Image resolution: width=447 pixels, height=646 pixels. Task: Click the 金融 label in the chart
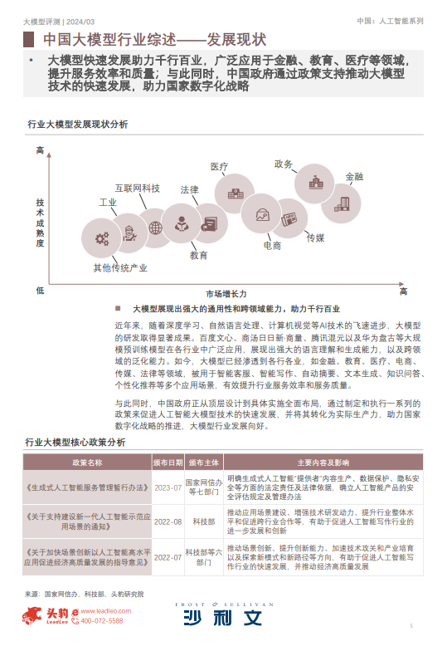click(x=354, y=176)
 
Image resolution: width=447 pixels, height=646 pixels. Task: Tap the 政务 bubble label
click(x=284, y=164)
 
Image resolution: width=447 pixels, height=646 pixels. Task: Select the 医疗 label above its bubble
click(x=220, y=167)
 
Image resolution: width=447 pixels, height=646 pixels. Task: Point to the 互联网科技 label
click(x=138, y=188)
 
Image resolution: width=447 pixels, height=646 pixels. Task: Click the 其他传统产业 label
click(x=120, y=268)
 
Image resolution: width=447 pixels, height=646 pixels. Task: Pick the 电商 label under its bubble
click(x=273, y=246)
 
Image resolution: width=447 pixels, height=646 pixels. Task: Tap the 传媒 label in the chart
click(x=315, y=237)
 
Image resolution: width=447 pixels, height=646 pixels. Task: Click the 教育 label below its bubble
click(x=199, y=255)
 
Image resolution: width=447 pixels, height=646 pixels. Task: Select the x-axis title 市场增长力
click(x=226, y=293)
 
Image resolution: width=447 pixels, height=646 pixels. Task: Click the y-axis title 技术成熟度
click(x=39, y=223)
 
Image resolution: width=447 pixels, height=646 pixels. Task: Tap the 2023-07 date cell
click(x=168, y=487)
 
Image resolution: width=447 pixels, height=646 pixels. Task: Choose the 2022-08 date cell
click(x=168, y=522)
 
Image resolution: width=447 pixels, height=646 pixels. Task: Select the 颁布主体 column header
click(x=204, y=462)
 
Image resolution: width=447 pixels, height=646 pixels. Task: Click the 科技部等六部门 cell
click(x=204, y=556)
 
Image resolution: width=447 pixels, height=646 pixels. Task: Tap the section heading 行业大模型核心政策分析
click(x=76, y=443)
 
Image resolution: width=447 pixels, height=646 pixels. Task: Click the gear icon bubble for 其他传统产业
click(x=103, y=238)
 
